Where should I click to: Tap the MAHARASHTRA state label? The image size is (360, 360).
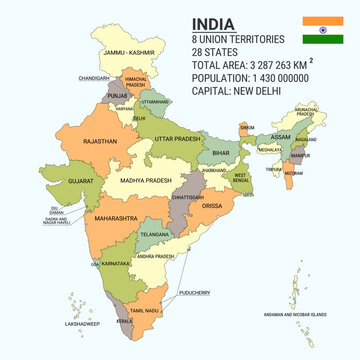coord(117,216)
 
